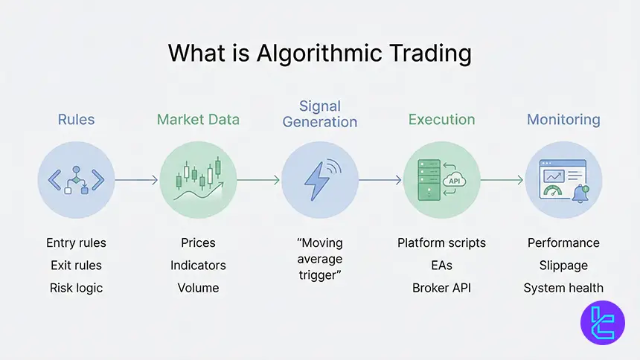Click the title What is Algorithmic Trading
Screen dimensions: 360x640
click(x=319, y=54)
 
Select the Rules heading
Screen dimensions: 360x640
click(x=76, y=119)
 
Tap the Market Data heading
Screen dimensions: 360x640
click(x=198, y=119)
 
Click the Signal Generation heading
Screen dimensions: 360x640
click(x=319, y=114)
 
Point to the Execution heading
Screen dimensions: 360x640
click(x=441, y=119)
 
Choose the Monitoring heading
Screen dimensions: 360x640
click(x=563, y=119)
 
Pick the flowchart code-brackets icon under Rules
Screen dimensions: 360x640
click(x=76, y=180)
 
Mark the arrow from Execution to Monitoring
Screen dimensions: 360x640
click(x=502, y=180)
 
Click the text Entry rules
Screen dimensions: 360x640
click(x=76, y=243)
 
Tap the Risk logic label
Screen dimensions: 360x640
click(x=76, y=288)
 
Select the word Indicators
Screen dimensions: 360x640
click(x=198, y=266)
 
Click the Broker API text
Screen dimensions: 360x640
click(x=441, y=288)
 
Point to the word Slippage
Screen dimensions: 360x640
click(x=563, y=266)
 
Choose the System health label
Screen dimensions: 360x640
click(x=563, y=288)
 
